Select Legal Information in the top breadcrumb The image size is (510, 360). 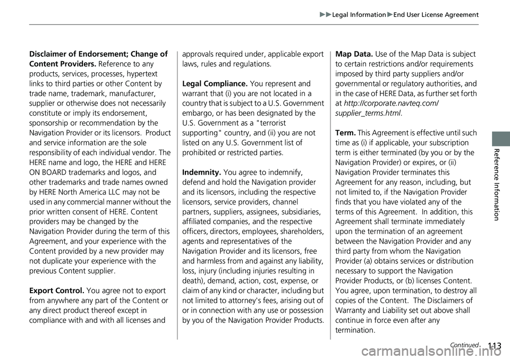click(359, 15)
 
